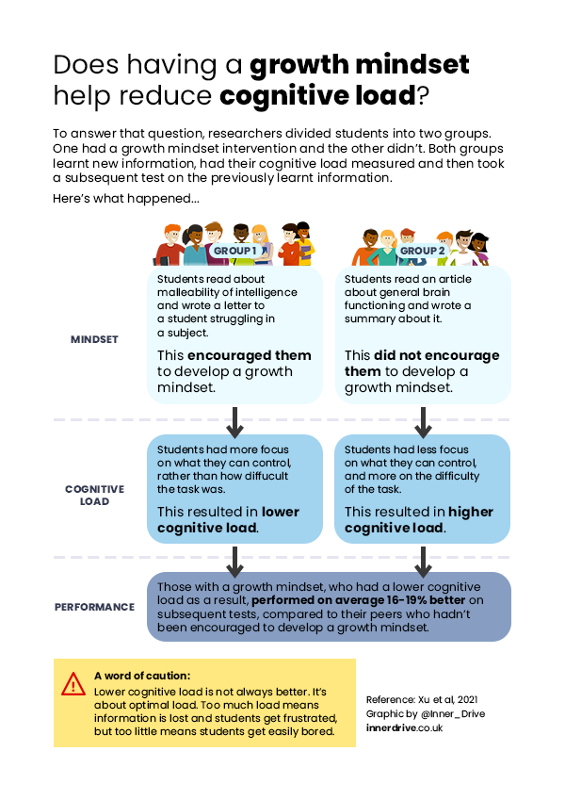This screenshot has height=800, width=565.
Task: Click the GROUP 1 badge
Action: click(234, 251)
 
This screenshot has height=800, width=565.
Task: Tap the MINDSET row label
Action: click(94, 339)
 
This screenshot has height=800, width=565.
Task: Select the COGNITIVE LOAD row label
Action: click(94, 496)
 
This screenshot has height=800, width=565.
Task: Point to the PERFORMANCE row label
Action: click(94, 607)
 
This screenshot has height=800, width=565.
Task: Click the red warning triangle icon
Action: click(73, 685)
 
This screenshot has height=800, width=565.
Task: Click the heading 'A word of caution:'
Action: click(142, 676)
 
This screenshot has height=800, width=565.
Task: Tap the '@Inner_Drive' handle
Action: click(452, 714)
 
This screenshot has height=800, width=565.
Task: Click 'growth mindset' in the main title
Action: click(359, 65)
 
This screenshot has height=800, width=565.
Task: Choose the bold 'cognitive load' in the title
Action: click(316, 95)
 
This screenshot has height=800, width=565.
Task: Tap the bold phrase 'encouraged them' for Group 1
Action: click(249, 356)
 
